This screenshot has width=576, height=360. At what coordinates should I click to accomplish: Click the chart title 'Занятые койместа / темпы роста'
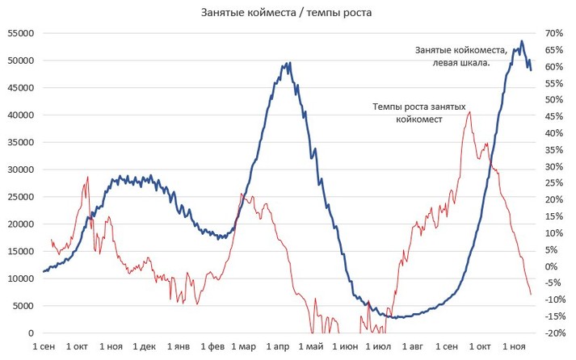coord(287,13)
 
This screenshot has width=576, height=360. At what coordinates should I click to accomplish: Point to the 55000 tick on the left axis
coord(20,33)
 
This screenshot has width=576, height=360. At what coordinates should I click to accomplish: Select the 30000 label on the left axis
coord(20,170)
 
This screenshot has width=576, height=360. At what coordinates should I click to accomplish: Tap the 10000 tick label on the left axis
coord(20,278)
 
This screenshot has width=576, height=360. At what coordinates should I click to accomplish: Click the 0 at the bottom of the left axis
coord(31,333)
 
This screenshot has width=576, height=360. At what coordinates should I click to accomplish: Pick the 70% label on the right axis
coord(553,33)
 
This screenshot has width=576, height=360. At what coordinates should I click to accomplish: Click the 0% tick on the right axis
coord(551,266)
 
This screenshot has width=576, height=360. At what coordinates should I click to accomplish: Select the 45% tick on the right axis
coord(553,116)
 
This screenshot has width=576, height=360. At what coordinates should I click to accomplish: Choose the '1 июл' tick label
coord(377,346)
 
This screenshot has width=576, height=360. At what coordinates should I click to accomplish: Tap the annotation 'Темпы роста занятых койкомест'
coord(419,112)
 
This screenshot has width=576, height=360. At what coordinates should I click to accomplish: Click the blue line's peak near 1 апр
coord(289,63)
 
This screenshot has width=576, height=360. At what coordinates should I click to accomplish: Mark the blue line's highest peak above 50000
coord(522,41)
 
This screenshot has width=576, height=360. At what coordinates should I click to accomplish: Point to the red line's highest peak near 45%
coord(469,112)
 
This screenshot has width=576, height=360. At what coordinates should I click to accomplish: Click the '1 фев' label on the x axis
coord(212,346)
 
